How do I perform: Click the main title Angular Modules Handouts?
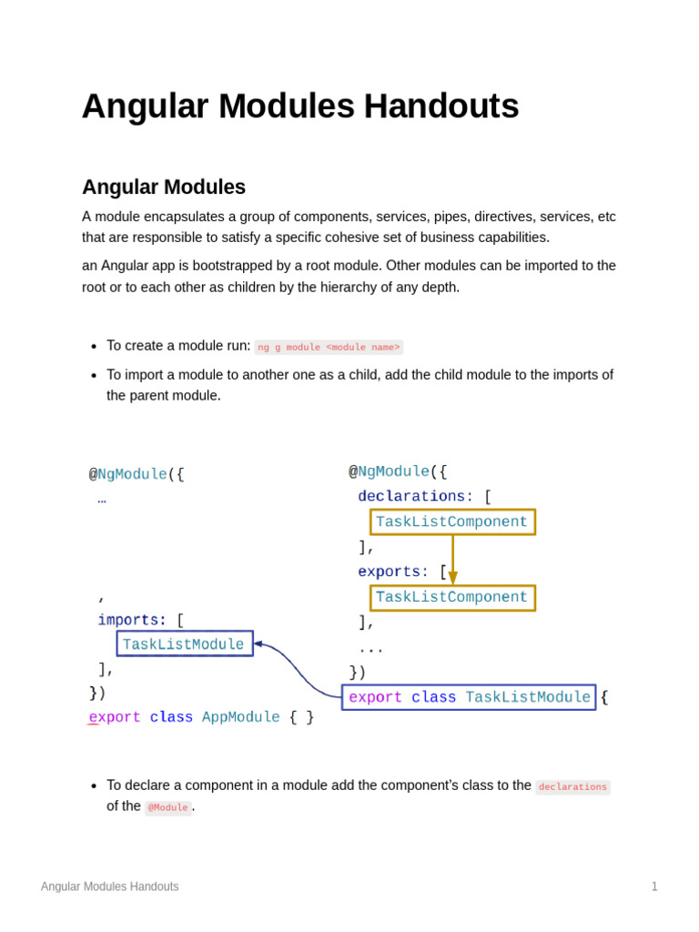coord(300,106)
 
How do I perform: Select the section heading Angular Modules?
coord(164,187)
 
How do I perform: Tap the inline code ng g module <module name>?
coord(329,347)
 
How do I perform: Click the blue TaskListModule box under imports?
coord(184,644)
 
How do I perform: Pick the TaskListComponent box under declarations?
coord(452,522)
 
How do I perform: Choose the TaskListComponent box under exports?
coord(452,598)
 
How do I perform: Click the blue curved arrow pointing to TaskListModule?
coord(300,669)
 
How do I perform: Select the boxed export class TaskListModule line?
coord(469,697)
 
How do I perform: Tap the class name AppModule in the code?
coord(241,717)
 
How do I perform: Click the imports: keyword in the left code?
coord(132,620)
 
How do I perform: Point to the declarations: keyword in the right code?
coord(415,496)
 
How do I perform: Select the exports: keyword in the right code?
coord(393,572)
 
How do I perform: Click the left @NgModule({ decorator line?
coord(137,474)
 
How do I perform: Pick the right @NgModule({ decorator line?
coord(398,471)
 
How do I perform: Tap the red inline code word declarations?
coord(572,786)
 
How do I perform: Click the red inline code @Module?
coord(167,807)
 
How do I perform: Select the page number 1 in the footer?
coord(654,886)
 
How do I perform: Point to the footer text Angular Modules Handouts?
coord(109,886)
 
